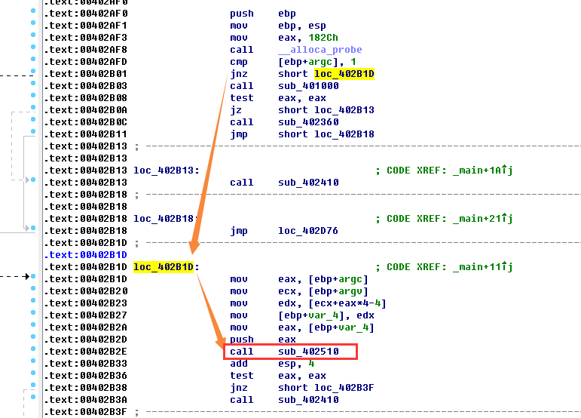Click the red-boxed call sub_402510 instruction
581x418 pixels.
tap(290, 352)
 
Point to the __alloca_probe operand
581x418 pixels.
tap(309, 50)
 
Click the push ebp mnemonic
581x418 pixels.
tap(241, 14)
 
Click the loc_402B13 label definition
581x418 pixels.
tap(166, 171)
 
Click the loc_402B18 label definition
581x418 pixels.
tap(166, 219)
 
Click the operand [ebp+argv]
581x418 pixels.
tap(320, 291)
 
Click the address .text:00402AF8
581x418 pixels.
tap(85, 50)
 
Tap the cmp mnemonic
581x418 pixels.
tap(238, 62)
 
